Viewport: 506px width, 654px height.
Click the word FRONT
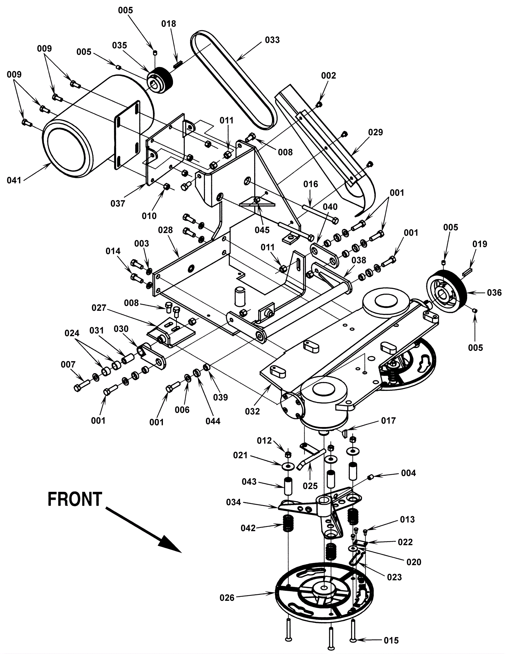75,499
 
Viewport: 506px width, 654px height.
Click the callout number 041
14,180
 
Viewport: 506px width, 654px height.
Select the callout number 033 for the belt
272,40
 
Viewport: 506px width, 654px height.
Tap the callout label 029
375,132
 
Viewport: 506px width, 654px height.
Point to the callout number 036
494,293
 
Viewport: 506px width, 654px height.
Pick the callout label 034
234,502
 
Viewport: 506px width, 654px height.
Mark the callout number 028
165,230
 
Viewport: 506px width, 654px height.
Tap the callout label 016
311,184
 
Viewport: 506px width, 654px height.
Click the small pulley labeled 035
159,80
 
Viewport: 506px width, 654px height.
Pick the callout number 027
99,308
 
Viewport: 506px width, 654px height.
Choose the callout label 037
118,204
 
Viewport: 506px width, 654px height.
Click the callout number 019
480,244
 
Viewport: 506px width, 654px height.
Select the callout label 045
262,230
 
